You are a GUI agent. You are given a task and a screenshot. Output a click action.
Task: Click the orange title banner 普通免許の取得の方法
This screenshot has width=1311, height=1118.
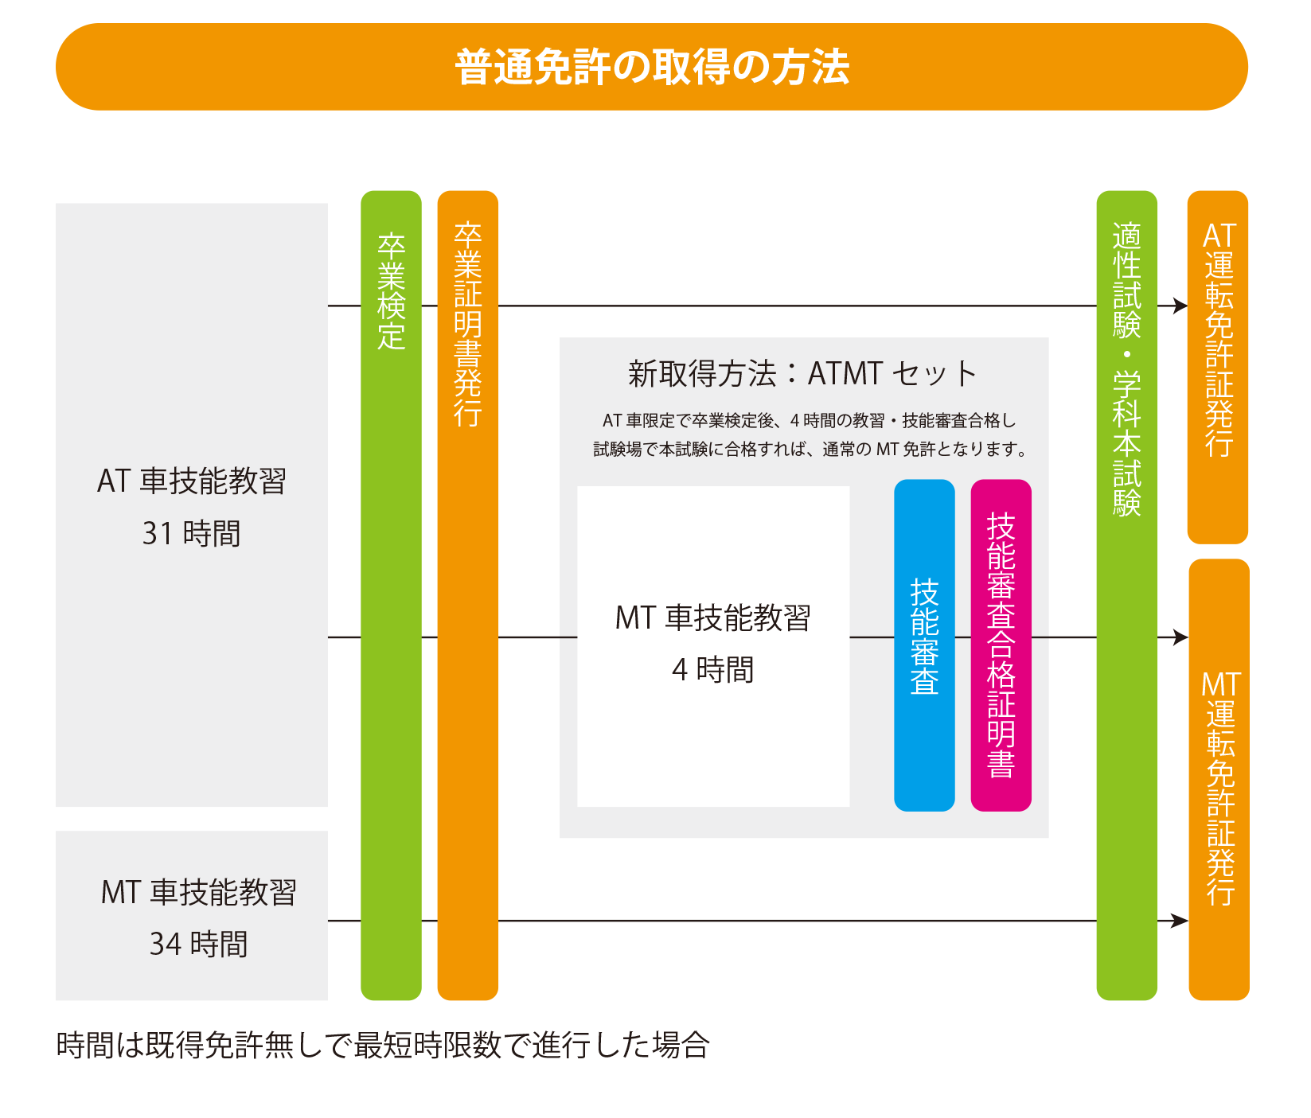[651, 67]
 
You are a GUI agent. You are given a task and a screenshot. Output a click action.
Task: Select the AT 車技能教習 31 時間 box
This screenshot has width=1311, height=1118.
[191, 504]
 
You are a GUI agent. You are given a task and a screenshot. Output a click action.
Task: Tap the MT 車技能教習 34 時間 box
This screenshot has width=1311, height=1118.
[191, 915]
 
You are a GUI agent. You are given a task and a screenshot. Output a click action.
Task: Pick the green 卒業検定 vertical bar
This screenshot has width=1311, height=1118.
[391, 594]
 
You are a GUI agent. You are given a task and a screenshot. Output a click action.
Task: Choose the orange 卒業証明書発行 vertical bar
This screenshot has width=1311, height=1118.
[468, 594]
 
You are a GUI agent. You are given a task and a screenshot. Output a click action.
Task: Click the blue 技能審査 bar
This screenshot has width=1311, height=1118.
[924, 645]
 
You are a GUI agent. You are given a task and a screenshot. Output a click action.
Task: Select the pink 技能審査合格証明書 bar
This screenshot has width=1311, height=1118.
[1001, 645]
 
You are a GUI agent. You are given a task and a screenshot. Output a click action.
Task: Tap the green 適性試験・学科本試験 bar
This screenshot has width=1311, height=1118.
[1126, 594]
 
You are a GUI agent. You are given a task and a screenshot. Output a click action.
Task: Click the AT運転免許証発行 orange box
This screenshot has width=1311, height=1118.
[1218, 367]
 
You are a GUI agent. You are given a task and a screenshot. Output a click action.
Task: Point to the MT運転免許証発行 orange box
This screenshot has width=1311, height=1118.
[1219, 780]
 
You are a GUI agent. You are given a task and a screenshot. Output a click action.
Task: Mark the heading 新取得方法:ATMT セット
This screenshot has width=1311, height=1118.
[802, 373]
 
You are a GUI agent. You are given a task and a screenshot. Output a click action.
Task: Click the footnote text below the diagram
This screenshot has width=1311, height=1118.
[382, 1045]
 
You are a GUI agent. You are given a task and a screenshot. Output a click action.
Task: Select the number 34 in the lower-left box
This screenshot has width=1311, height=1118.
[166, 945]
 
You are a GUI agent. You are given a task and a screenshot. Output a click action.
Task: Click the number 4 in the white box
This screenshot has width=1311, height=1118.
[679, 671]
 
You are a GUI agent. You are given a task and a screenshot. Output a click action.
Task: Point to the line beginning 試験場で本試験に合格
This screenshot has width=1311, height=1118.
[810, 450]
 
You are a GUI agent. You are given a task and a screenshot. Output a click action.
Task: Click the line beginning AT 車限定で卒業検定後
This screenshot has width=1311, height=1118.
[809, 421]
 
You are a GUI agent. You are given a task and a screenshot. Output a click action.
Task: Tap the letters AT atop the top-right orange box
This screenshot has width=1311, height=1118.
[1219, 236]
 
